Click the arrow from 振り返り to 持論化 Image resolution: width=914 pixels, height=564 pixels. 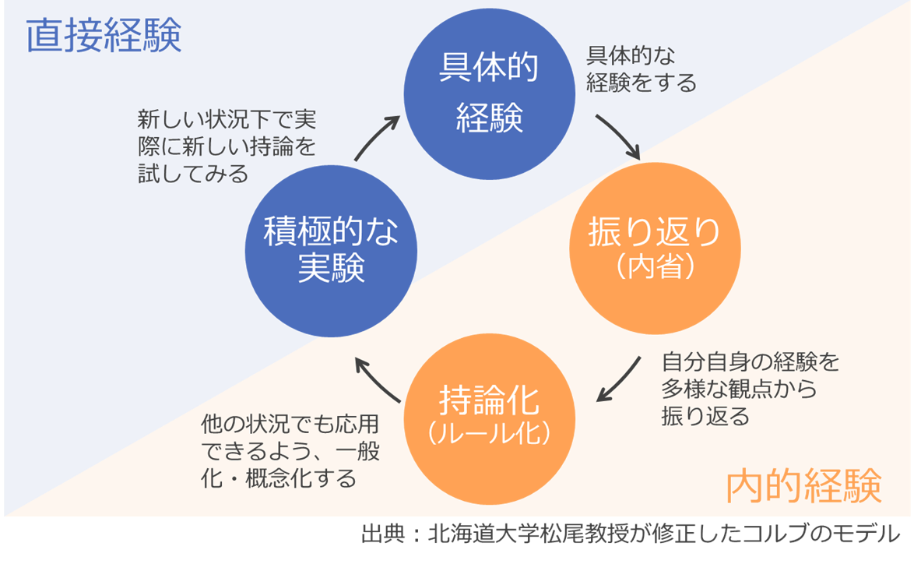coord(620,380)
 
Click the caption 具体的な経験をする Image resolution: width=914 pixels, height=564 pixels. coord(641,69)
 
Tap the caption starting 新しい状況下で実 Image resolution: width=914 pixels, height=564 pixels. coord(227,146)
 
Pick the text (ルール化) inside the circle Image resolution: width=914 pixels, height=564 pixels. coord(489,434)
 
